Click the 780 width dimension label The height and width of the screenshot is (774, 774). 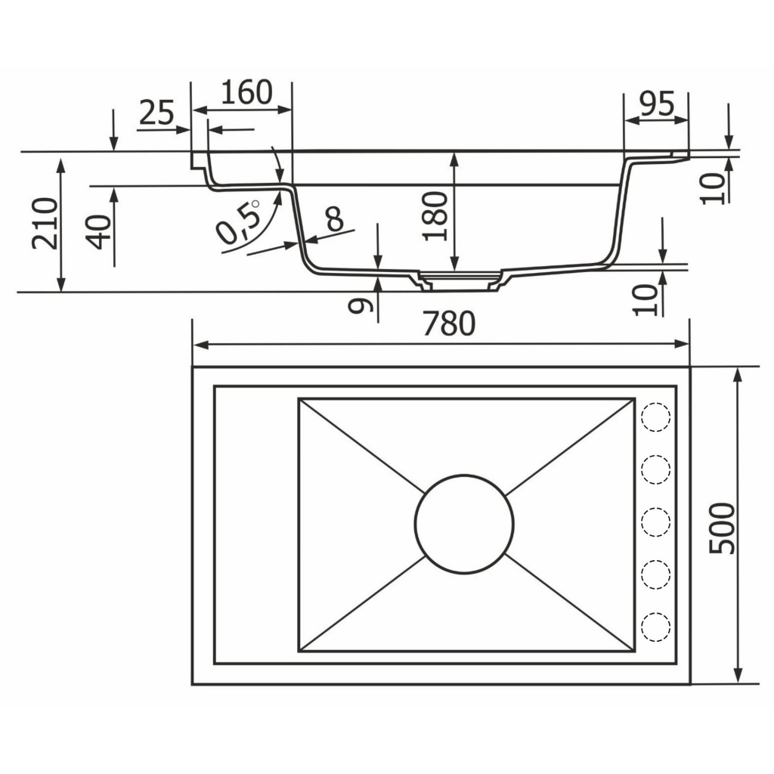pos(449,324)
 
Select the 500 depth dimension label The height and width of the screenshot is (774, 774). pos(722,528)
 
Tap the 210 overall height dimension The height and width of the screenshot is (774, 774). pos(45,223)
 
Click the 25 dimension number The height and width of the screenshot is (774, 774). pos(157,112)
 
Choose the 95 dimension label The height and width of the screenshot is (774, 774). pos(657,103)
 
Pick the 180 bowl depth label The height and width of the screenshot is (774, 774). pos(436,216)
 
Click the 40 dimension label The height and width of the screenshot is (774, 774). pos(99,231)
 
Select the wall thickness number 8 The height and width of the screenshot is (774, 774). pos(335,218)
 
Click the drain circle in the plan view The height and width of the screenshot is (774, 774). pos(465,524)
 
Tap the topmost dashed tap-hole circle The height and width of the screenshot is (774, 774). pos(655,417)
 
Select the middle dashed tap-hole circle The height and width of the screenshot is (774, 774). pos(655,522)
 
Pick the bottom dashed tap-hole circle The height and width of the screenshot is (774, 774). pos(655,627)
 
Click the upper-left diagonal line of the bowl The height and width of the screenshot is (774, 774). pos(362,446)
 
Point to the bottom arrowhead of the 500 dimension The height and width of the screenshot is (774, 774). pos(738,676)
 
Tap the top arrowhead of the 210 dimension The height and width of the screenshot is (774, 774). pos(60,166)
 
